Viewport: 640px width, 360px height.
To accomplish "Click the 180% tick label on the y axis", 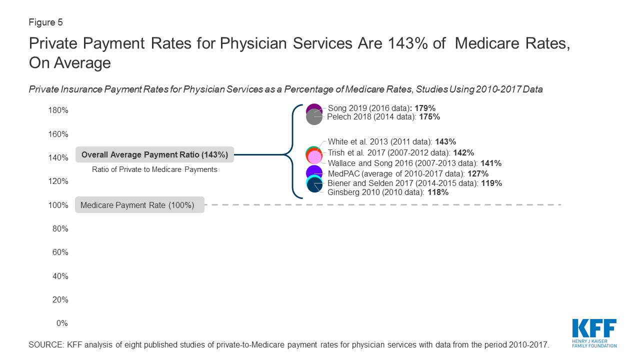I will [58, 110].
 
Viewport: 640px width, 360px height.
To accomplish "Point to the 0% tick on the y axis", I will [61, 323].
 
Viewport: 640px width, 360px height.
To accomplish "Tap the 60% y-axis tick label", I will [60, 252].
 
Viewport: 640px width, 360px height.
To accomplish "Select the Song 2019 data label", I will [381, 108].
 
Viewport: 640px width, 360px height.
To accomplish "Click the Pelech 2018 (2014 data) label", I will [383, 117].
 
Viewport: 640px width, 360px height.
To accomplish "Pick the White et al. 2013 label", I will [391, 142].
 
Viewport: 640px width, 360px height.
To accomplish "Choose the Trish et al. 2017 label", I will [400, 152].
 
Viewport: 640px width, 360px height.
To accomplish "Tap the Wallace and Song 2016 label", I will [414, 163].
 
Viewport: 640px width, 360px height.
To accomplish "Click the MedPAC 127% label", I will [408, 173].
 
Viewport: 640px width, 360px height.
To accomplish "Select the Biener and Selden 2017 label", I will [414, 183].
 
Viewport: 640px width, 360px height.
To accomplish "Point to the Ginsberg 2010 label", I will [388, 192].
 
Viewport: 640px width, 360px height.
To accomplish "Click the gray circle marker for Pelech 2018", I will [314, 117].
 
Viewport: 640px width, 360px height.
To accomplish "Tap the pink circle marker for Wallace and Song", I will [314, 157].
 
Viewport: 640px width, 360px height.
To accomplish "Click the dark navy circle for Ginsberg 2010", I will [314, 186].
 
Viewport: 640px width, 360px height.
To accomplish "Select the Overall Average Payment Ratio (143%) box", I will [154, 155].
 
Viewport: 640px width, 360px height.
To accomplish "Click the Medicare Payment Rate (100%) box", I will [139, 205].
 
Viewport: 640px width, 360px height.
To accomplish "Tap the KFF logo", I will [594, 332].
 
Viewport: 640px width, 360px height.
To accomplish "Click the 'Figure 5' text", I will [45, 22].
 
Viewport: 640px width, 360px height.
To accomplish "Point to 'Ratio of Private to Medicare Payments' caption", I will [154, 169].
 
